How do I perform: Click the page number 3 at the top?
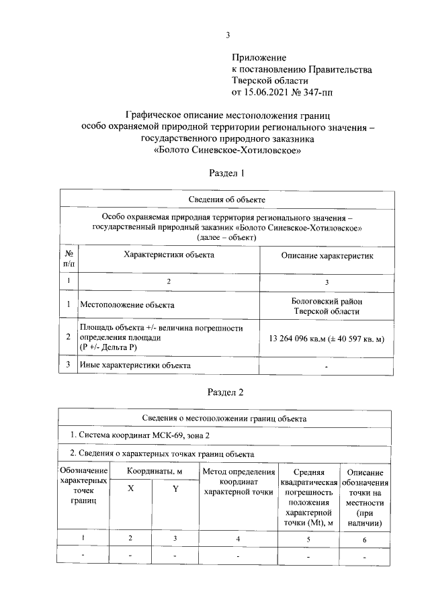point(228,36)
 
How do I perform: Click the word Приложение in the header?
point(259,58)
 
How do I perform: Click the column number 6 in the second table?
point(363,538)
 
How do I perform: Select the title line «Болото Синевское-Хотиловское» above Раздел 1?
point(227,150)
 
